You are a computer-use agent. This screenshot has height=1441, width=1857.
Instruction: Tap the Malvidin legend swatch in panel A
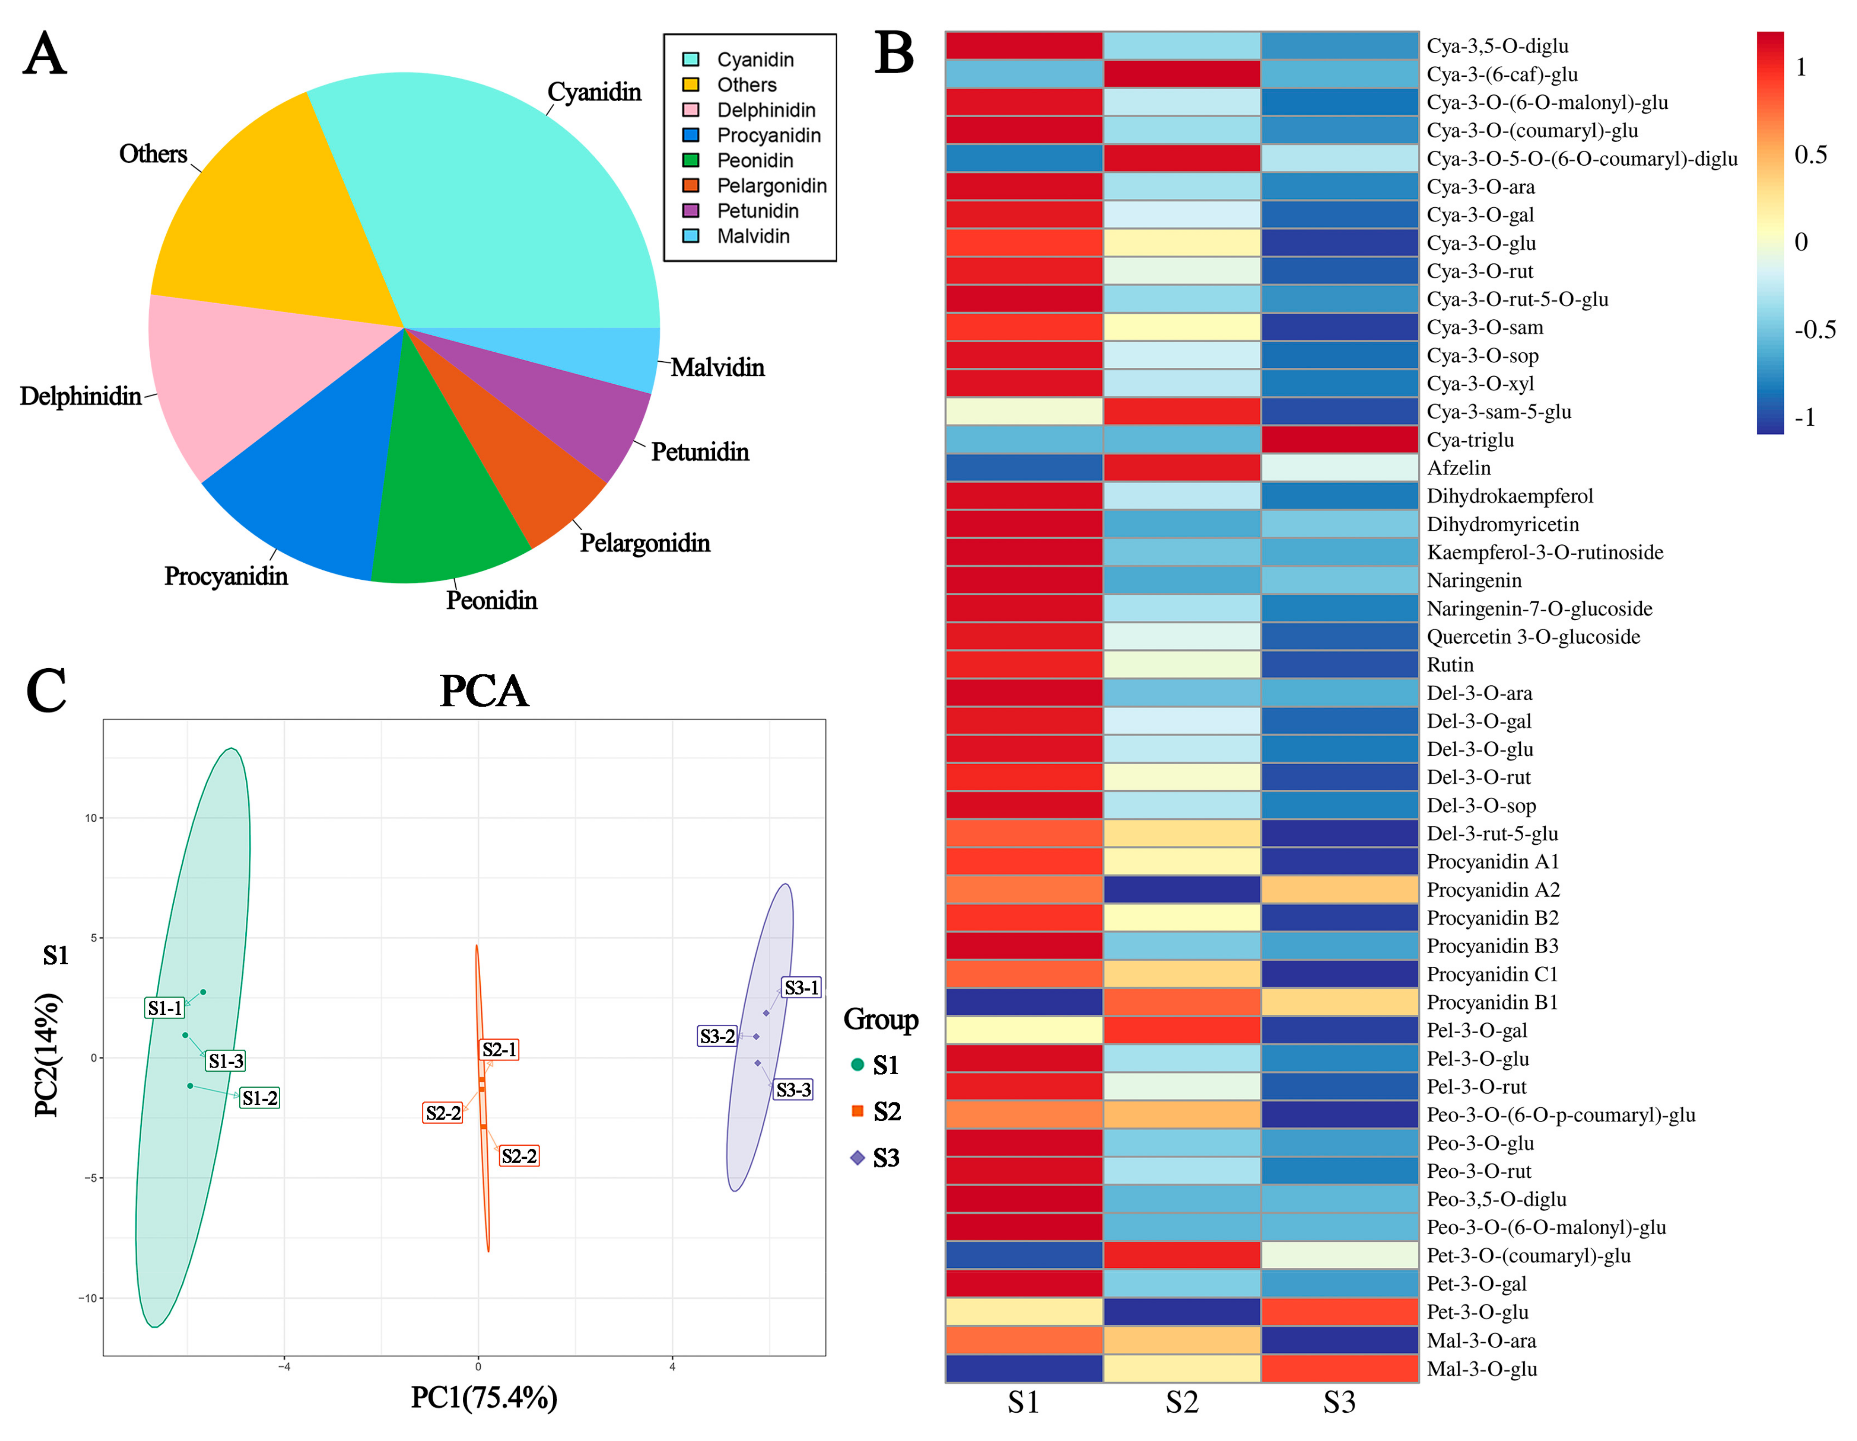coord(690,235)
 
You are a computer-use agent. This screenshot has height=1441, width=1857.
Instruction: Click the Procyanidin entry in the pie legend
coord(768,135)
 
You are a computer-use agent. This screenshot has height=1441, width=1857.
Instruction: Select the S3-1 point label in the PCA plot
coord(801,988)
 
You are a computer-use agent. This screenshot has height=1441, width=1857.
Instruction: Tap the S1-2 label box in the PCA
coord(259,1098)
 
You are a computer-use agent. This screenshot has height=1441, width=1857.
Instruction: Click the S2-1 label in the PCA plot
coord(499,1050)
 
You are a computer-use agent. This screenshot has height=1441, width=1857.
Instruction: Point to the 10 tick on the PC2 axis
coord(90,818)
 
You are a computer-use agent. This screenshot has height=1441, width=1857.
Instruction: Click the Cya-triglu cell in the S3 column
coord(1339,440)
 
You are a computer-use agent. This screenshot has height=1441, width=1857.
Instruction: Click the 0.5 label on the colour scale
coord(1810,155)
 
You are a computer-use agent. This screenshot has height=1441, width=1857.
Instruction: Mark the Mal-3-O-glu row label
coord(1481,1368)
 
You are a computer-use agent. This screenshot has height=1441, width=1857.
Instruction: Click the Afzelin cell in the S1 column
coord(1024,468)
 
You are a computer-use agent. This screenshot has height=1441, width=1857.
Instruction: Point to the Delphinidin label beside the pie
coord(81,397)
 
